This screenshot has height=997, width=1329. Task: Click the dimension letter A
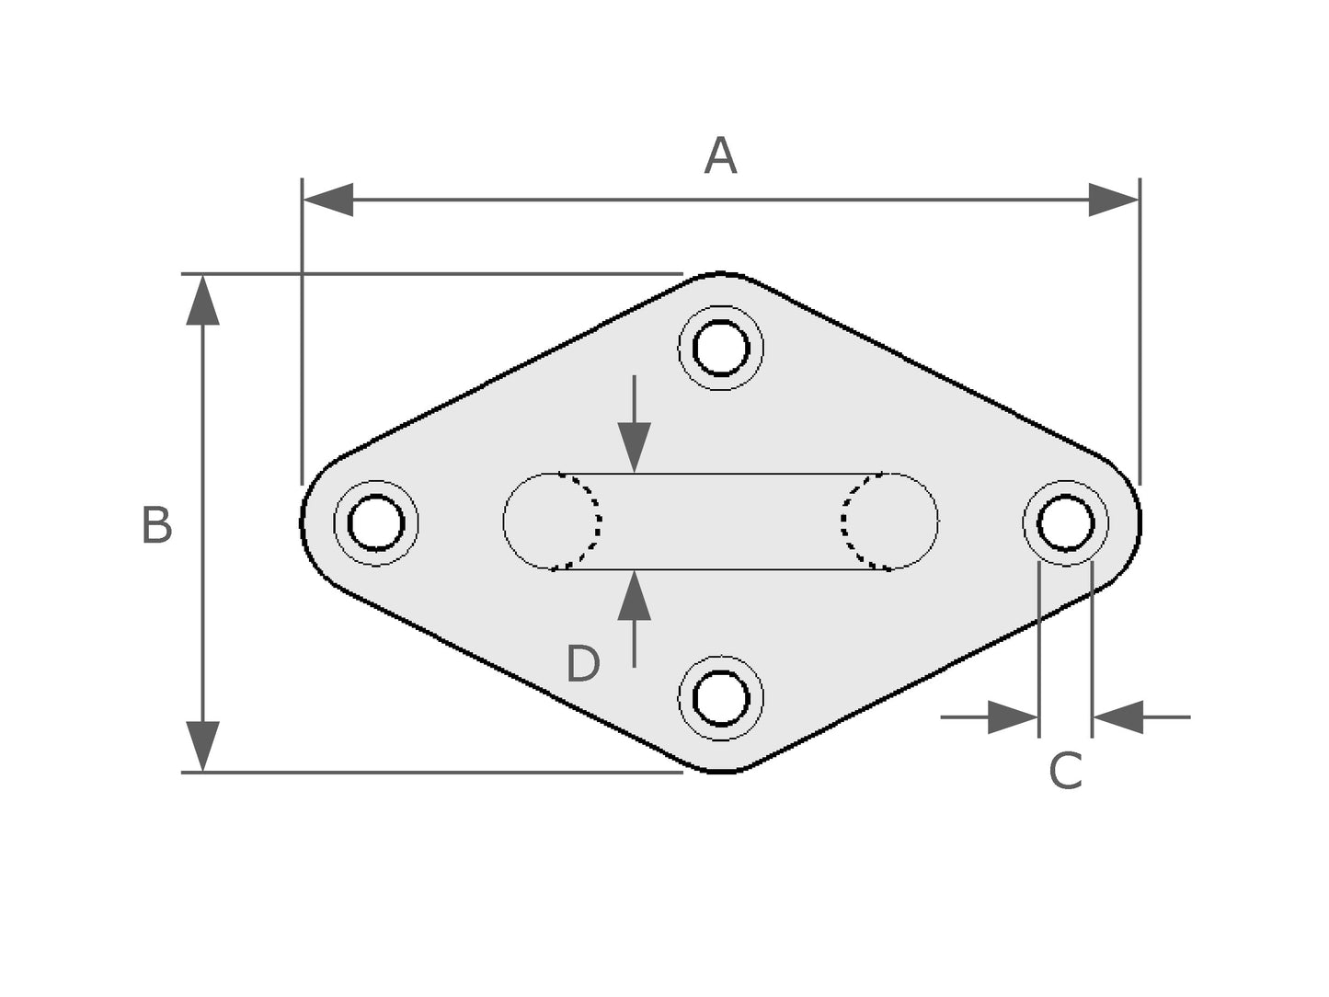720,155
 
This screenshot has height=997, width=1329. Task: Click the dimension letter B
157,525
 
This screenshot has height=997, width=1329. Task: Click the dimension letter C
1065,771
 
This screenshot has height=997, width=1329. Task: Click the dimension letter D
582,663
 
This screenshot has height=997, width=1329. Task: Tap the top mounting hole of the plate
720,348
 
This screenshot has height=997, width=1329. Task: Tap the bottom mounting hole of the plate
720,698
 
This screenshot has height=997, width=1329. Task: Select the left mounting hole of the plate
376,523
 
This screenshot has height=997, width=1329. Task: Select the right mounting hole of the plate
1066,523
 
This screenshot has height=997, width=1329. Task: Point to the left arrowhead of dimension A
327,200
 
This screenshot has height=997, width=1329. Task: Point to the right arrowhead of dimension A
1114,200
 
